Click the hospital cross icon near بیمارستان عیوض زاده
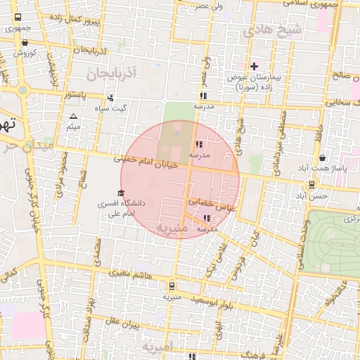(254, 65)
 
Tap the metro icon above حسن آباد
(311, 185)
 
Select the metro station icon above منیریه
(172, 286)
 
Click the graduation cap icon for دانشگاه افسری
(120, 193)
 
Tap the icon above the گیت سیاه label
(110, 98)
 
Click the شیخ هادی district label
(271, 31)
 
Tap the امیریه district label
(157, 347)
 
